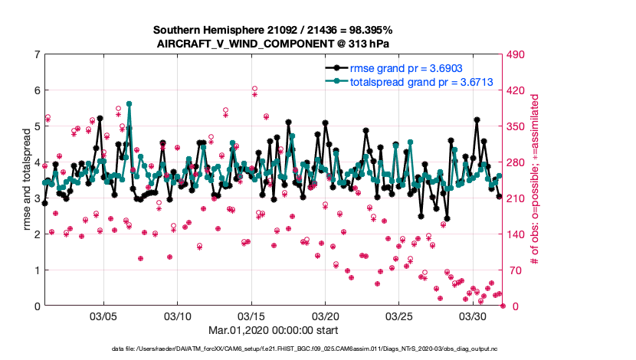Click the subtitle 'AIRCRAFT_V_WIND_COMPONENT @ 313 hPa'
point(273,44)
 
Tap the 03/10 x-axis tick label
point(178,316)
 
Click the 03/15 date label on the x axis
point(251,316)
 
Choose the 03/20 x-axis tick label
point(325,316)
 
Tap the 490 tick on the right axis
point(519,54)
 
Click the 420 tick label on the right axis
point(519,90)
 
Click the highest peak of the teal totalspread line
point(129,103)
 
